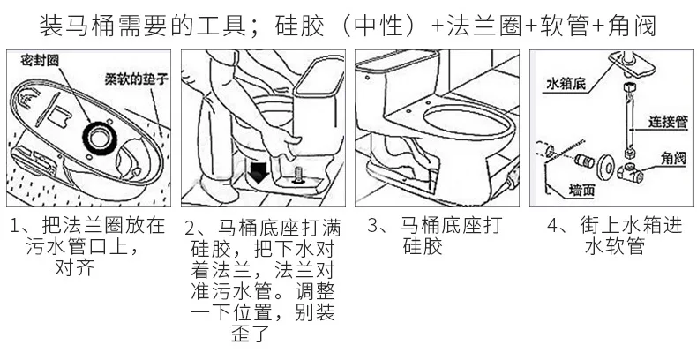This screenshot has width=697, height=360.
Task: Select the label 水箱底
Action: tap(566, 83)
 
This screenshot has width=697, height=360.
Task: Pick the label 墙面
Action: tap(581, 188)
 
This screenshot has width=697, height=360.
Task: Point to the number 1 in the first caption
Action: tap(14, 226)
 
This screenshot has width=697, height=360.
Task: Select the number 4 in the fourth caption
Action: tap(552, 226)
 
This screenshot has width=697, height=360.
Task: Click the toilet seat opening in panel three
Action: tap(458, 119)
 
